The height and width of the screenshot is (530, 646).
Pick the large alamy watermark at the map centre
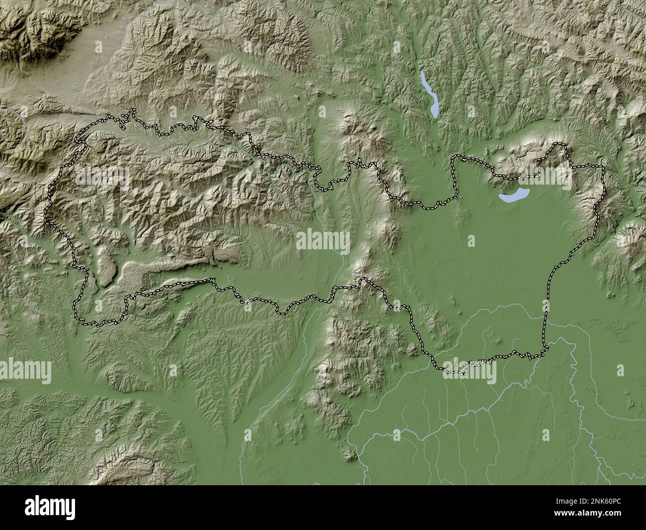click(323, 241)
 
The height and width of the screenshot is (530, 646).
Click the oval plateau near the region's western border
click(106, 266)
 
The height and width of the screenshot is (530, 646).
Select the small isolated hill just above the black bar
click(351, 453)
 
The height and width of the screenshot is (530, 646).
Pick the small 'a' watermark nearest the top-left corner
click(98, 46)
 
